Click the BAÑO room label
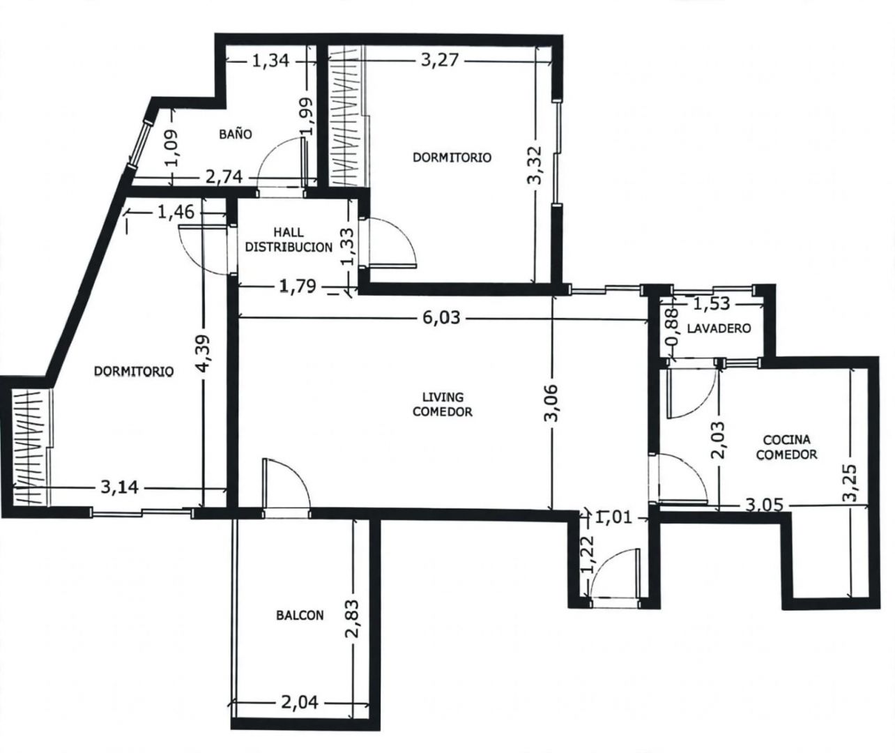click(236, 135)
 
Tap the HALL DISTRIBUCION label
click(289, 240)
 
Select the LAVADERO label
click(719, 328)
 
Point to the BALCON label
click(300, 616)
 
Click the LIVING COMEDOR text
click(442, 404)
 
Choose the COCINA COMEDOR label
click(786, 447)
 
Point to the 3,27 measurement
click(440, 60)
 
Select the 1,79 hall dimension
click(298, 286)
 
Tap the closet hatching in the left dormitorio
click(28, 447)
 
